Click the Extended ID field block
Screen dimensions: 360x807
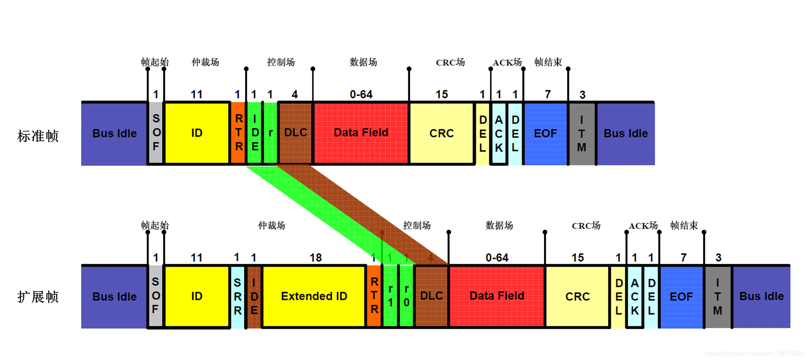pyautogui.click(x=314, y=296)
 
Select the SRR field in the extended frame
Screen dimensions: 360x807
pyautogui.click(x=238, y=296)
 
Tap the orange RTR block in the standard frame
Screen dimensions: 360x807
pyautogui.click(x=238, y=133)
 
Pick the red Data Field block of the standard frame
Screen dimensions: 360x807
pyautogui.click(x=361, y=133)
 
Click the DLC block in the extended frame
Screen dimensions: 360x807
pyautogui.click(x=431, y=296)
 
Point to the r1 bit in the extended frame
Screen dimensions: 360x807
pyautogui.click(x=390, y=296)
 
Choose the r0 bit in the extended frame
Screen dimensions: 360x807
pyautogui.click(x=407, y=296)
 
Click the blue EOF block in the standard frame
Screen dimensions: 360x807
pyautogui.click(x=545, y=133)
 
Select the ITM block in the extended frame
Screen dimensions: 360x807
pyautogui.click(x=717, y=296)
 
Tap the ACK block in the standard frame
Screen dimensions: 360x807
pyautogui.click(x=499, y=133)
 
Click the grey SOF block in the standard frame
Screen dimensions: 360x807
pyautogui.click(x=156, y=133)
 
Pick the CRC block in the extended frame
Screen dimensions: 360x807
pyautogui.click(x=577, y=296)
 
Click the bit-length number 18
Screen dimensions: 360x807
pyautogui.click(x=316, y=258)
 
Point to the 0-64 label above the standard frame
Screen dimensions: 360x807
pyautogui.click(x=361, y=95)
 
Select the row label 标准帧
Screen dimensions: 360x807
pyautogui.click(x=38, y=136)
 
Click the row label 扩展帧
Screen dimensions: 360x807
pyautogui.click(x=38, y=297)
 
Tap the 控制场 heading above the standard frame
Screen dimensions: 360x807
pyautogui.click(x=281, y=62)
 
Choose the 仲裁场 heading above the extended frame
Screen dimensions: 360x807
pyautogui.click(x=272, y=226)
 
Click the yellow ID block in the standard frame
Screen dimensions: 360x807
pyautogui.click(x=197, y=133)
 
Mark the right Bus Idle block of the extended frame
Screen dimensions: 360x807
pyautogui.click(x=761, y=296)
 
